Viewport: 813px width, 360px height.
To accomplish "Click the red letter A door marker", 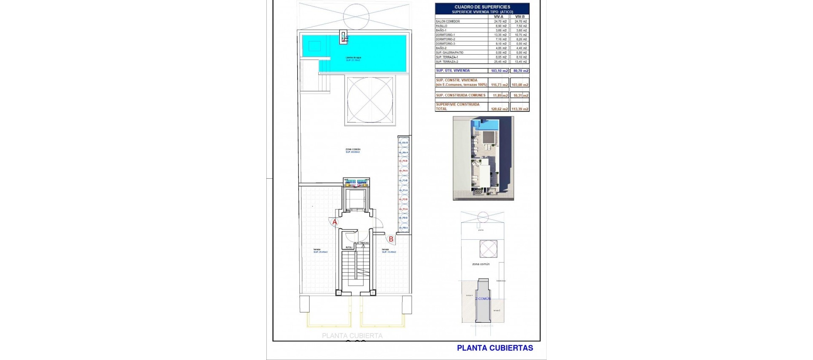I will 335,222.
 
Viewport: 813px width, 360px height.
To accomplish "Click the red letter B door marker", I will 391,239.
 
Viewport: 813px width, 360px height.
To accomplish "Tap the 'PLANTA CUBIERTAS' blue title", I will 495,348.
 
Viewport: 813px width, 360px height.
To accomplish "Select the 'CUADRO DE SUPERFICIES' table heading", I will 482,7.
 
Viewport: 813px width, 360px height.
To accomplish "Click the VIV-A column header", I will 498,17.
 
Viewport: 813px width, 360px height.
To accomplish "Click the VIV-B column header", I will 520,17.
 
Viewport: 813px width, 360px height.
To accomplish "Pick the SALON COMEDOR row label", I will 448,21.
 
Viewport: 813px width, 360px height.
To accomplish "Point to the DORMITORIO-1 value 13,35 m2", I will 500,35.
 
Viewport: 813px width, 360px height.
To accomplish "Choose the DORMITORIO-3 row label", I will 445,44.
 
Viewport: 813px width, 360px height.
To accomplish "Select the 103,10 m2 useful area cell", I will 499,71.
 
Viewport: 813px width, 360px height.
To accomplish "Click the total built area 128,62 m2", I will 499,109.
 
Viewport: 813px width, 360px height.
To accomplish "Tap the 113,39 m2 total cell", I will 520,109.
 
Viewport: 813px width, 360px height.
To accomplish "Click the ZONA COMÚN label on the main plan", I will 353,150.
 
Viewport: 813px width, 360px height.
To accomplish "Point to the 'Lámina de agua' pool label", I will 353,58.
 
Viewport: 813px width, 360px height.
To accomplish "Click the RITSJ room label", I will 349,247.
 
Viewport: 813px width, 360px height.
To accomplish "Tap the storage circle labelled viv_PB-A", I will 403,228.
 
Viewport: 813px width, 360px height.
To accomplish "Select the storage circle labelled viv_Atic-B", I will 403,143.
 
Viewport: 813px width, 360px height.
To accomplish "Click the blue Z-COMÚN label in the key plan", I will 483,299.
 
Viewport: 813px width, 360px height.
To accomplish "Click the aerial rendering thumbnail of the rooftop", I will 483,158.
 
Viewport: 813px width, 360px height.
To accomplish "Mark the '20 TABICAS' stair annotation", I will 362,243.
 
